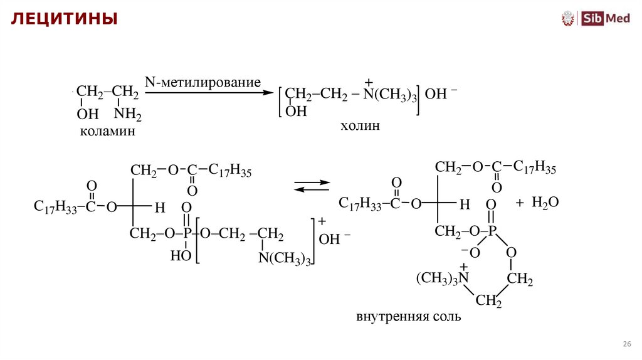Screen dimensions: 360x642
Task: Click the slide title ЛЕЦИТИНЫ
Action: [x=62, y=19]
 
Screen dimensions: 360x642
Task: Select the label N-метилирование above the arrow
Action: [x=203, y=83]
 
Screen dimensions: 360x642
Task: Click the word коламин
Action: [x=107, y=132]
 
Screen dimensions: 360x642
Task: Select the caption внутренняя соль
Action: [x=408, y=317]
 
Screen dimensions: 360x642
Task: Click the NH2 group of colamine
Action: [x=128, y=115]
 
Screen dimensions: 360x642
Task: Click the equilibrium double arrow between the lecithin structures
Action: [x=312, y=185]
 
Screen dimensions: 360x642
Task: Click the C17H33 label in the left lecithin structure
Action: [x=55, y=208]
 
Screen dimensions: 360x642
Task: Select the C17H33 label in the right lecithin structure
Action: [x=360, y=204]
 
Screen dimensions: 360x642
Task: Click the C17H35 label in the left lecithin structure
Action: [x=229, y=171]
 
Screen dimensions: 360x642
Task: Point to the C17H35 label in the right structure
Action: [x=534, y=167]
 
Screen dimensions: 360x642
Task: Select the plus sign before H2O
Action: [x=519, y=203]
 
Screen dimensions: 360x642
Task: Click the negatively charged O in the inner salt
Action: [x=473, y=252]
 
